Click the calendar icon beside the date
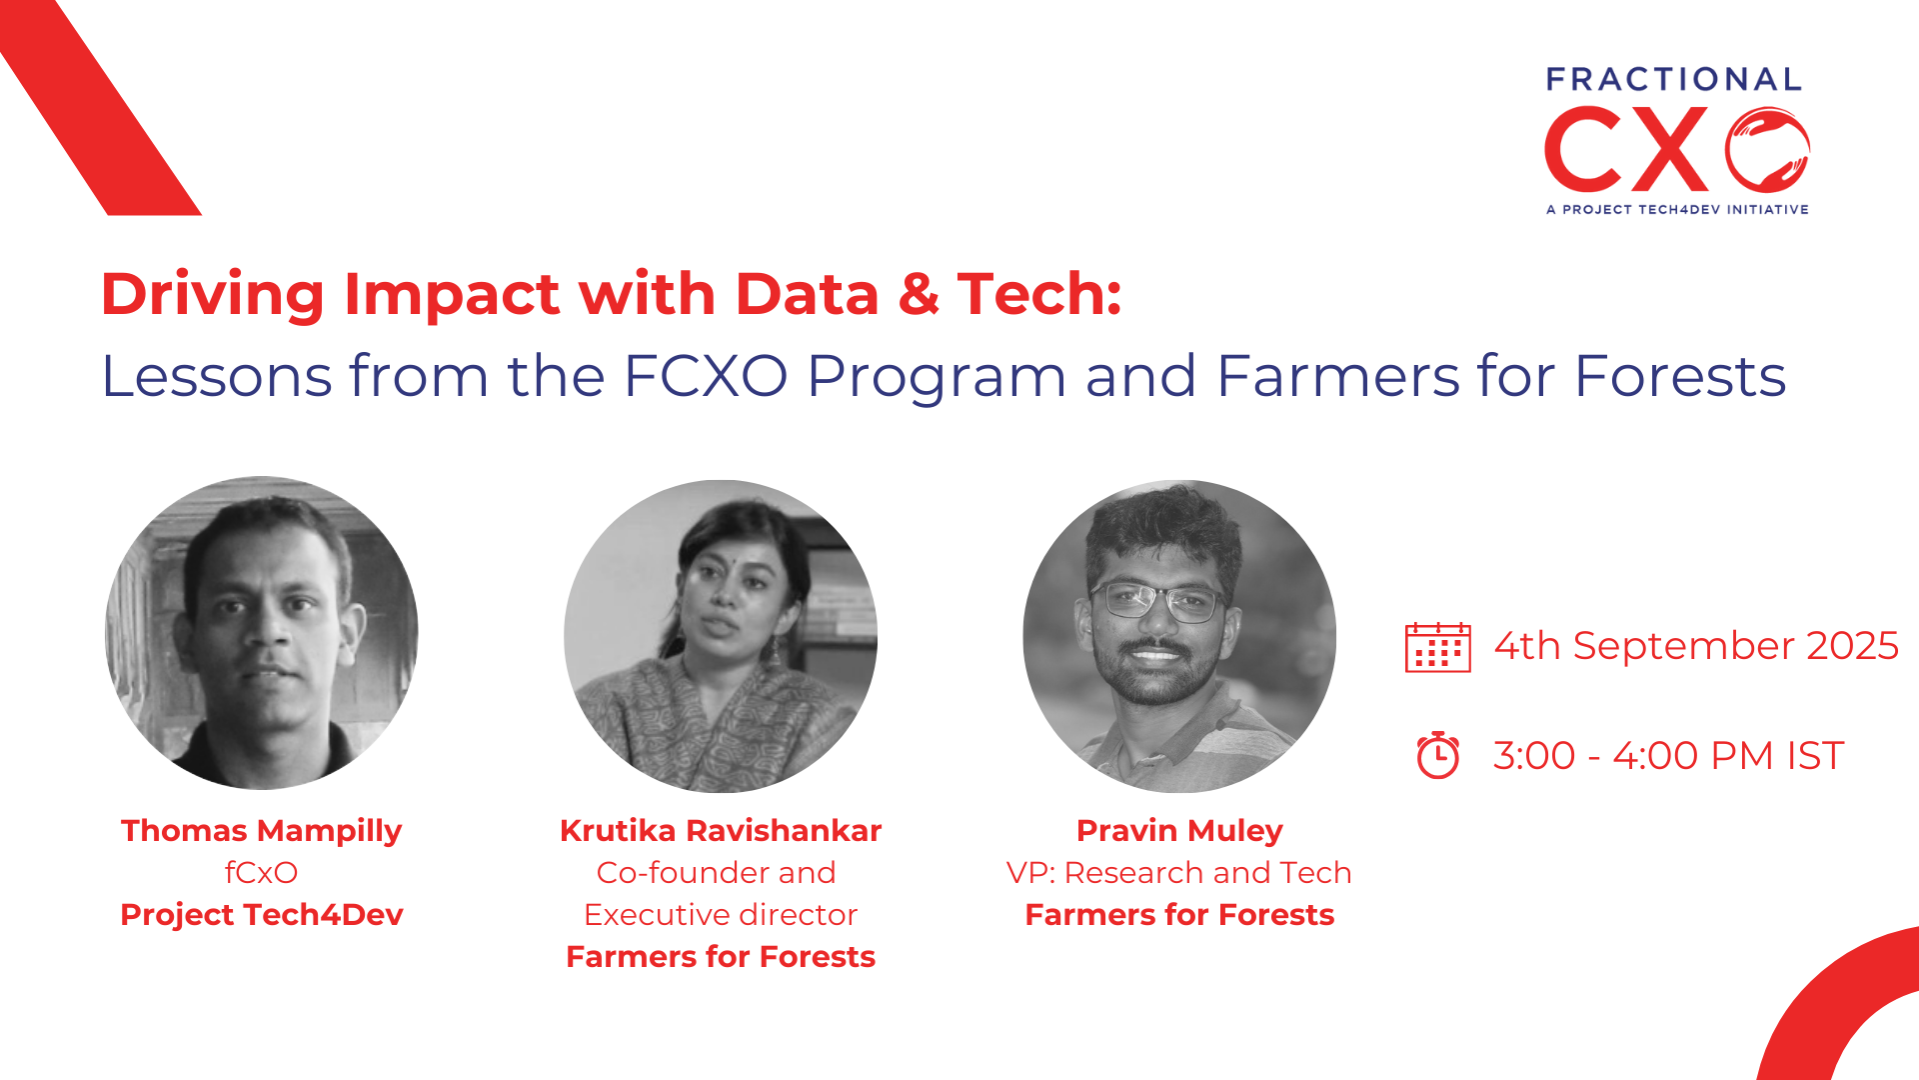(1437, 647)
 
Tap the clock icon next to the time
(1438, 755)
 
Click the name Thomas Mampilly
(261, 831)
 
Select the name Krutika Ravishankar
(721, 831)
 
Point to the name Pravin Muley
(1179, 831)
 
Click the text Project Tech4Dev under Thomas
(262, 915)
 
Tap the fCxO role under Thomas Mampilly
(261, 873)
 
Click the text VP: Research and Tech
(1179, 873)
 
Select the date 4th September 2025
(1696, 646)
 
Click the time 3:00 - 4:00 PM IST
(1668, 756)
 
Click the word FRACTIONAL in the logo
(1674, 79)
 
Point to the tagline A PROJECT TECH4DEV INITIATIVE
(1677, 210)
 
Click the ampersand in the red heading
(918, 294)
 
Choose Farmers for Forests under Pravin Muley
(1179, 915)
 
